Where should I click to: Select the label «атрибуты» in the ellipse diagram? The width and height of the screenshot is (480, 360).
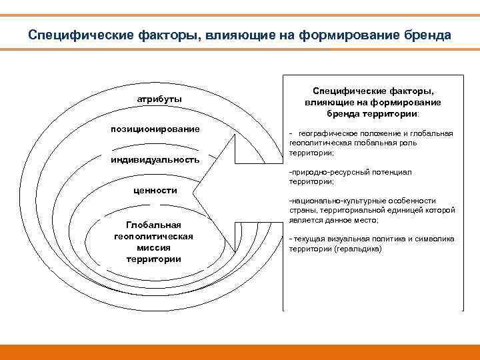point(159,99)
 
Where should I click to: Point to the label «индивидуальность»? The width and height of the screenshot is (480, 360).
point(155,160)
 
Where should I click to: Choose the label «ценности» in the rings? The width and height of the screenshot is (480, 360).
point(155,190)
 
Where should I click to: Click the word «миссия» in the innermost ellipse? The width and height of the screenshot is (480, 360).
point(153,247)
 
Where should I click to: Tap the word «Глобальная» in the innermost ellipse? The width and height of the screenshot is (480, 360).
point(153,225)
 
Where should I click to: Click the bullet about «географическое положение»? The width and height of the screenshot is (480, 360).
point(371,143)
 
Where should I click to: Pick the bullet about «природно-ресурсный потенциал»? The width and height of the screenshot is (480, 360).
point(350,177)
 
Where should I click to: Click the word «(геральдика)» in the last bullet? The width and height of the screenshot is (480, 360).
point(361,248)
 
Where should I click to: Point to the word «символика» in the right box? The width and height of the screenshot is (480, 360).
point(436,239)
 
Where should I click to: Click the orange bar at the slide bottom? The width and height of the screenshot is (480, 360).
point(240,351)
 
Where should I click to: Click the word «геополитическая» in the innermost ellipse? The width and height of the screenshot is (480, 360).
point(153,236)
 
